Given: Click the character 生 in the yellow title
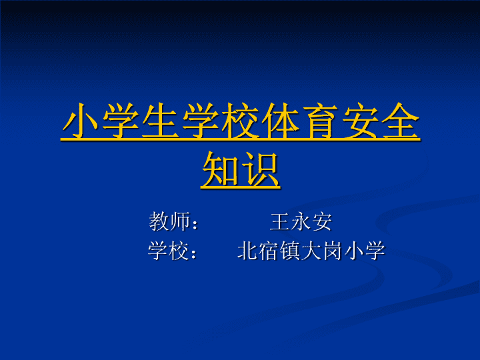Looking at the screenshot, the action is [160, 121].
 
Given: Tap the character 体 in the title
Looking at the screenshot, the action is [280, 121].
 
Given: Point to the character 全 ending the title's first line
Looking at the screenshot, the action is [401, 121].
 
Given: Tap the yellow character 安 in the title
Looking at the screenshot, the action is [360, 121].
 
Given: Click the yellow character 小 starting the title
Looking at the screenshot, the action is [81, 121].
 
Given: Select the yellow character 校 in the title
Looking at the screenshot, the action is [240, 121].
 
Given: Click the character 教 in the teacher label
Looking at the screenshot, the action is [159, 221].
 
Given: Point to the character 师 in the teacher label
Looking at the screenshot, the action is [179, 221].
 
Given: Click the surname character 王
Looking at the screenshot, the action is [280, 221].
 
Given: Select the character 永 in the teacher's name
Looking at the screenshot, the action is [301, 221].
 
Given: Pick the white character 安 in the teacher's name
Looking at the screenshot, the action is [322, 221].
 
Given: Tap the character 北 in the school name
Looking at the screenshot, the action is [247, 251].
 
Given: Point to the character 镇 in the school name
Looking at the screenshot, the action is [289, 251].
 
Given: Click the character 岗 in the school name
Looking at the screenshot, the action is [332, 251].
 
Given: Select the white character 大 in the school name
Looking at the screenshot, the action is [311, 251].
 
